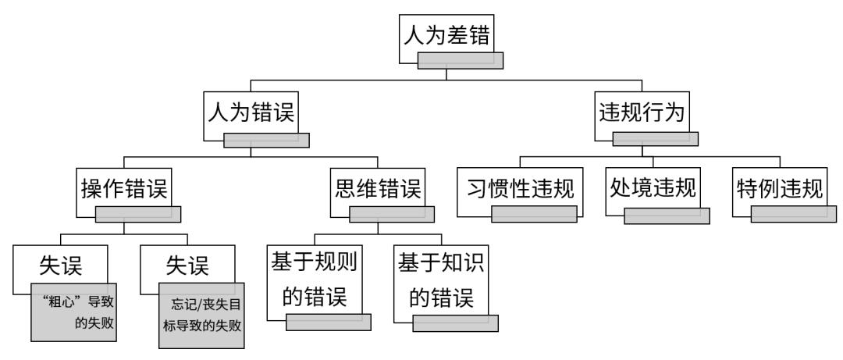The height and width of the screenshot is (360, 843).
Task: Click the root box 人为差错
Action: pos(446,36)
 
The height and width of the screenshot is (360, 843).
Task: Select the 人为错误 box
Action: pos(251,112)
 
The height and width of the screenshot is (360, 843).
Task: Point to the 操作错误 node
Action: pos(124,189)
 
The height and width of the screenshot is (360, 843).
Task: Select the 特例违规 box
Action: pos(779,189)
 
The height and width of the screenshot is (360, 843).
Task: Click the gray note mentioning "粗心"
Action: pos(74,312)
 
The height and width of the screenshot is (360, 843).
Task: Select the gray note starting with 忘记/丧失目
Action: pos(201,315)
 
